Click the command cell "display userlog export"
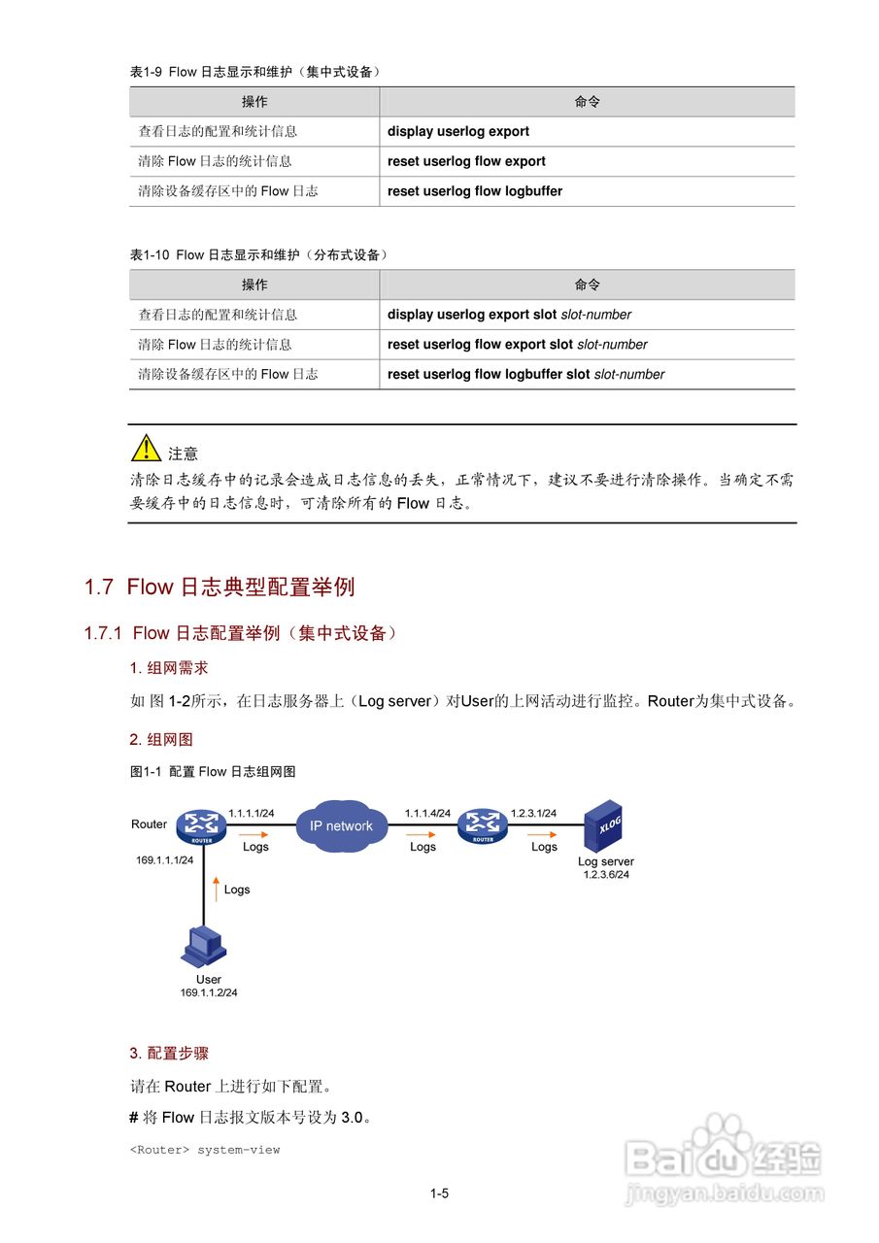click(x=458, y=131)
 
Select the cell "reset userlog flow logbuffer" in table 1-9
click(x=475, y=191)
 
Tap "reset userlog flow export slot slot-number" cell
click(x=517, y=345)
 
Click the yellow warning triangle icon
click(x=146, y=448)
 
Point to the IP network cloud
click(x=341, y=825)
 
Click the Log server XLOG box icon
click(x=603, y=825)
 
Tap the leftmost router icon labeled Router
click(x=201, y=826)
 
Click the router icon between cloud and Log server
click(x=483, y=825)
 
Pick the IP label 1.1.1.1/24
click(x=252, y=813)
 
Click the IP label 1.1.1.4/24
click(x=427, y=813)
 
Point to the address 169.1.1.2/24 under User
click(x=209, y=992)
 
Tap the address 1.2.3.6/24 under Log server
click(x=606, y=874)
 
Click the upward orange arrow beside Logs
click(x=215, y=888)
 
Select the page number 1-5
click(x=439, y=1193)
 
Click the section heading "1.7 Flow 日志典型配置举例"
click(x=220, y=587)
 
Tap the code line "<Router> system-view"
click(x=205, y=1150)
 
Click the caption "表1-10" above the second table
click(x=151, y=254)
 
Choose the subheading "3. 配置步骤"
click(x=169, y=1053)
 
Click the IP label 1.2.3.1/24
click(x=533, y=813)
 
